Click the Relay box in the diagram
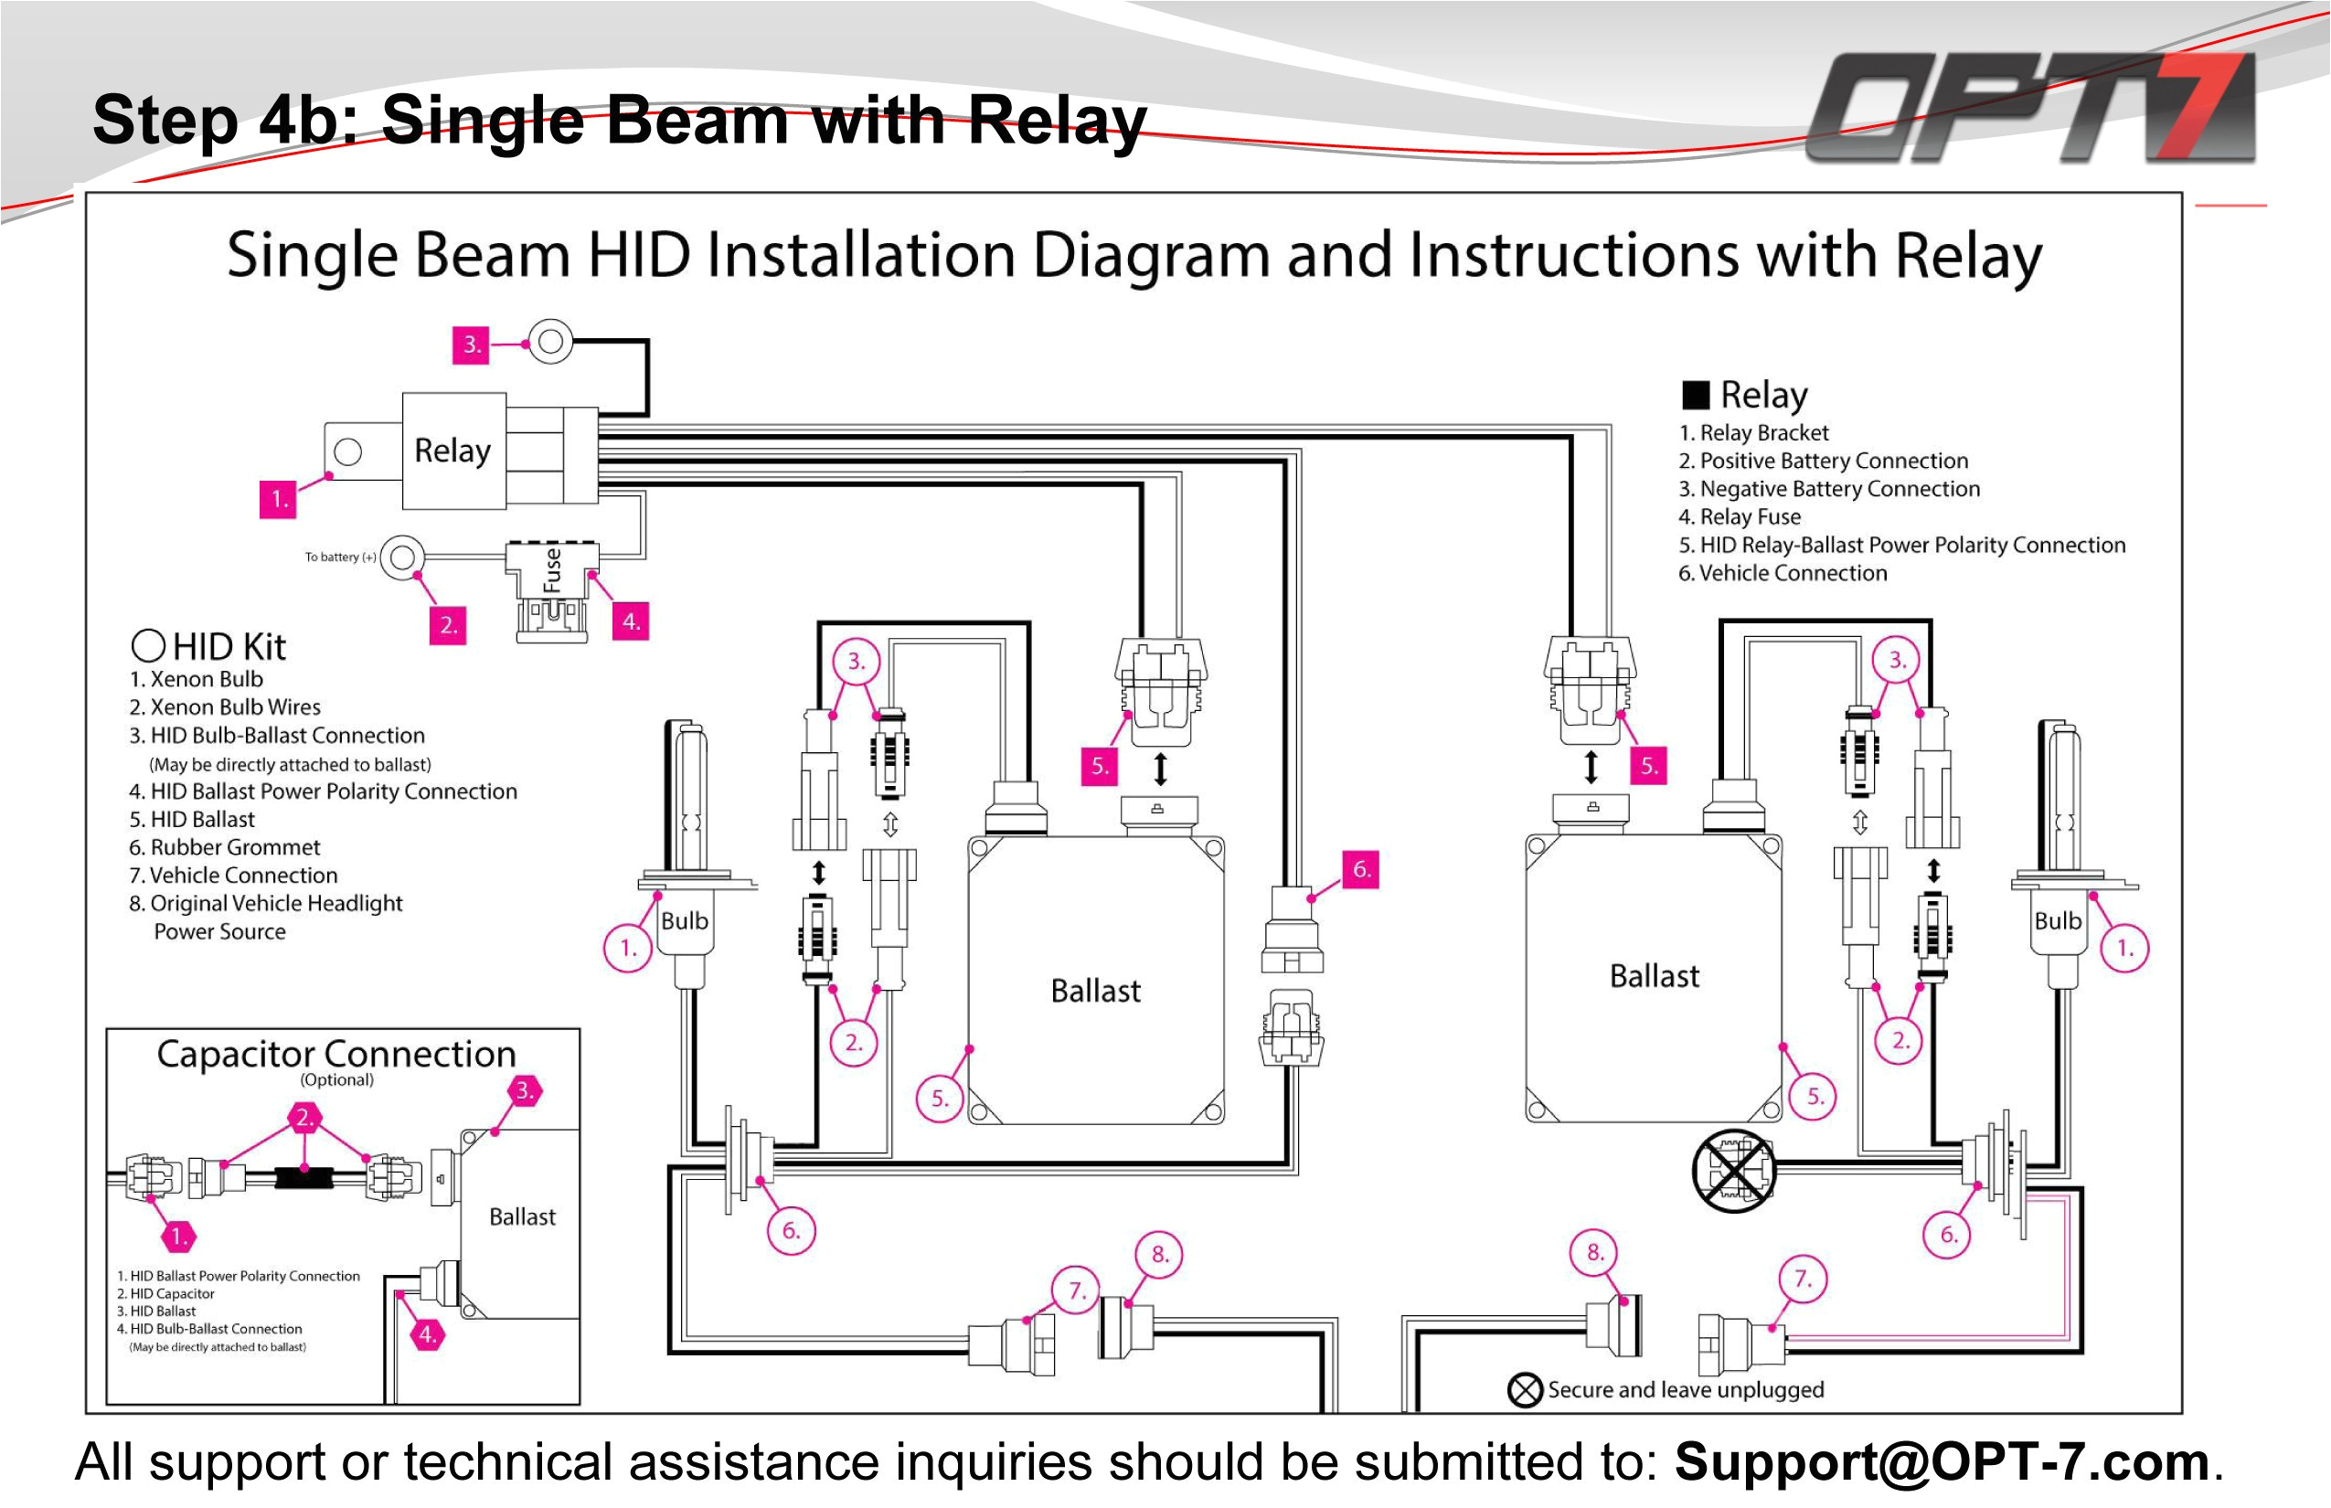pos(452,451)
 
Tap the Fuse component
pos(551,571)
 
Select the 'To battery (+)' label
pos(340,558)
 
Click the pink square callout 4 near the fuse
pos(631,621)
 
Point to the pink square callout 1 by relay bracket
pos(278,498)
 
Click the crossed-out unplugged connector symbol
pos(1732,1169)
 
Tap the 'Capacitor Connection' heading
pos(336,1054)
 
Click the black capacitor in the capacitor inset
pos(304,1176)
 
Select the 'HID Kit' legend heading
pos(229,646)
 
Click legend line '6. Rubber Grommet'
pos(224,847)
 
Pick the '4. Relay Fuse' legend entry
pos(1740,517)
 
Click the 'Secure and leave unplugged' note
pos(1685,1389)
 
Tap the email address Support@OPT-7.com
pos(1942,1462)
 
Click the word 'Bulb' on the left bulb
pos(684,920)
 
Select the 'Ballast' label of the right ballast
pos(1655,976)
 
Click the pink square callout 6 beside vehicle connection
pos(1360,868)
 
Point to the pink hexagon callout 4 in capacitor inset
pos(427,1333)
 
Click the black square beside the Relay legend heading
pos(1696,395)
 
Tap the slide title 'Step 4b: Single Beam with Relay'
pos(619,121)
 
